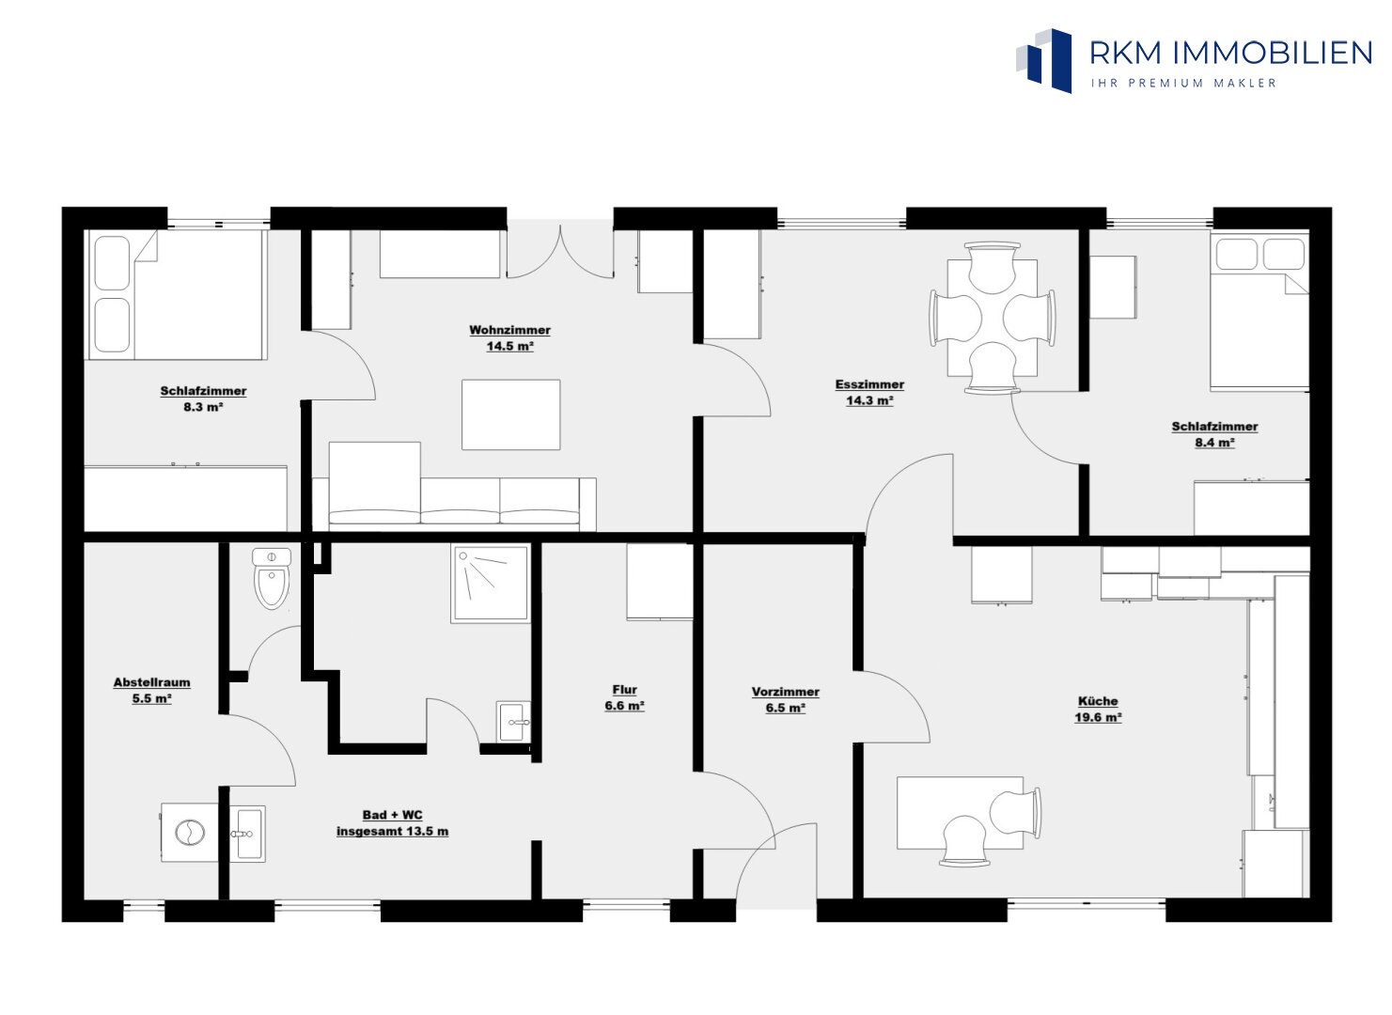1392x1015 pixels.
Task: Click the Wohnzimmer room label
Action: click(509, 330)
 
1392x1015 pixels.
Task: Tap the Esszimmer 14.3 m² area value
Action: click(869, 400)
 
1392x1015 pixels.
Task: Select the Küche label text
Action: click(1098, 701)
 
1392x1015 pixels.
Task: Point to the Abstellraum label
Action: click(151, 682)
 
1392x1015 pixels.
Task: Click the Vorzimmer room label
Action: click(786, 692)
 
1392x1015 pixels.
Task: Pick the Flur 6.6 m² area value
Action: click(624, 706)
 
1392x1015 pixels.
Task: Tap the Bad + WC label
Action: click(392, 815)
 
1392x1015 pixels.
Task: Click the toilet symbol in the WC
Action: click(273, 579)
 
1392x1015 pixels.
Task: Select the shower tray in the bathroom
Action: click(491, 583)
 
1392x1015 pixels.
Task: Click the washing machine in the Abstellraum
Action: click(190, 833)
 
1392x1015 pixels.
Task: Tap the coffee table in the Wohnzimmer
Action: click(510, 414)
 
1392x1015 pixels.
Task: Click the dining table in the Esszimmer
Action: click(992, 318)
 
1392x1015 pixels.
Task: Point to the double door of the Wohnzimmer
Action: click(560, 252)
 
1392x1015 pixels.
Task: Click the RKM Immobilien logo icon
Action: click(1044, 60)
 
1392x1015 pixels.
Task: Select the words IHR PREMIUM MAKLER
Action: click(1183, 83)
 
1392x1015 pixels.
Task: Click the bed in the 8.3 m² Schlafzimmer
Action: click(176, 294)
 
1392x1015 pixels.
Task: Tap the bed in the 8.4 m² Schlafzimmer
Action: click(1259, 311)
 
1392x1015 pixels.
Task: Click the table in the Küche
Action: click(960, 812)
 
